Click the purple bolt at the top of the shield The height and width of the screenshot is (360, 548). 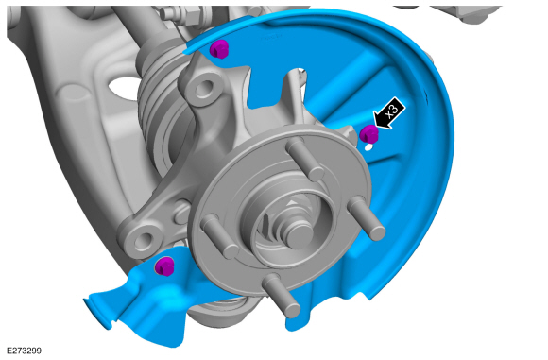(x=219, y=49)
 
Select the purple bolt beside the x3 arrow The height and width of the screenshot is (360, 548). (x=369, y=133)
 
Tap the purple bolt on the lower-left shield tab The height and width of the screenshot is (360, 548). (x=164, y=266)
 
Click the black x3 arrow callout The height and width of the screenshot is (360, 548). (x=388, y=112)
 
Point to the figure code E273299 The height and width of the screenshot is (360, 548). (x=24, y=351)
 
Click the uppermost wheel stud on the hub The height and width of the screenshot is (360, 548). (x=305, y=159)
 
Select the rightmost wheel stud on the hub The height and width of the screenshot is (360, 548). (x=367, y=217)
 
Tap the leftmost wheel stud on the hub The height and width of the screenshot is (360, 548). (x=220, y=236)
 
